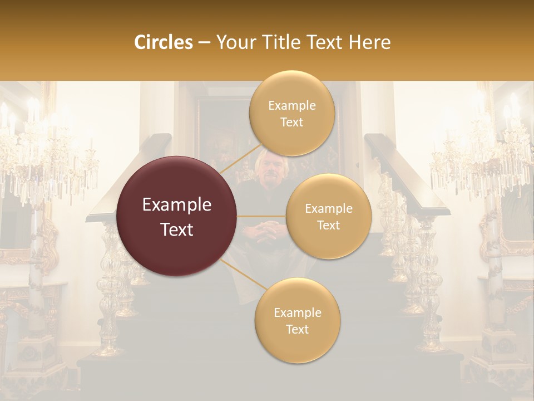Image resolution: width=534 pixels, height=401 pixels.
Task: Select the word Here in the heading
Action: click(x=370, y=42)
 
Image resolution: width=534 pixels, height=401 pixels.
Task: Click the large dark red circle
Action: click(x=177, y=216)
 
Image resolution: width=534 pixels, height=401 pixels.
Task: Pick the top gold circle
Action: click(x=291, y=113)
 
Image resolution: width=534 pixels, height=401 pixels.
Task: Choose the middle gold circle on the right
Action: click(x=328, y=217)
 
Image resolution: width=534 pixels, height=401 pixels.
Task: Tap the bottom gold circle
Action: click(x=297, y=320)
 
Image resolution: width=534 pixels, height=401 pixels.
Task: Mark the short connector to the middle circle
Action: click(x=261, y=216)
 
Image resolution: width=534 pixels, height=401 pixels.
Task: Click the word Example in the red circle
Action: click(x=177, y=205)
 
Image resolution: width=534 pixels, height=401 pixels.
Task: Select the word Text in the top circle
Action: click(x=291, y=122)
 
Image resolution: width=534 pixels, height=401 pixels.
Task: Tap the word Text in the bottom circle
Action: click(x=297, y=329)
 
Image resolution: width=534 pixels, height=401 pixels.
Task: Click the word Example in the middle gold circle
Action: click(x=328, y=208)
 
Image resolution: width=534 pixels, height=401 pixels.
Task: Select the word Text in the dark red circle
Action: click(x=177, y=229)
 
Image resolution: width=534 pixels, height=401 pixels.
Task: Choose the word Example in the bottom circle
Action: click(x=297, y=312)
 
